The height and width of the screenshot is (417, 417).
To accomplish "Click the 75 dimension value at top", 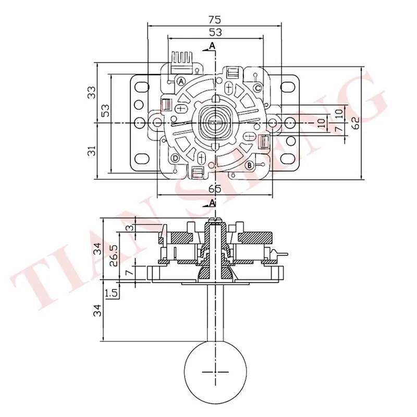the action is click(x=215, y=20).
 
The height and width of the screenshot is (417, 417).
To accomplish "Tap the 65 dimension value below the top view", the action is click(x=215, y=189).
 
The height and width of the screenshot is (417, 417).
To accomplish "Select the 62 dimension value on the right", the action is click(x=356, y=122).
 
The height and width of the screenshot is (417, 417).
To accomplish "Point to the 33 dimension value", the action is click(x=92, y=92).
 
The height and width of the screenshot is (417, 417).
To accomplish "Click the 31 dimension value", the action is click(x=92, y=151).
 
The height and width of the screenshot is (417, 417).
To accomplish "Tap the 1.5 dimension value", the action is click(x=111, y=293).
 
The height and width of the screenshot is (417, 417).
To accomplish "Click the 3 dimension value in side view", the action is click(x=129, y=228).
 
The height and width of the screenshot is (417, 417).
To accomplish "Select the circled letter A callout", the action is click(x=181, y=81).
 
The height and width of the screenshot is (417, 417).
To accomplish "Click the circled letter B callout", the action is click(x=250, y=166).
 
